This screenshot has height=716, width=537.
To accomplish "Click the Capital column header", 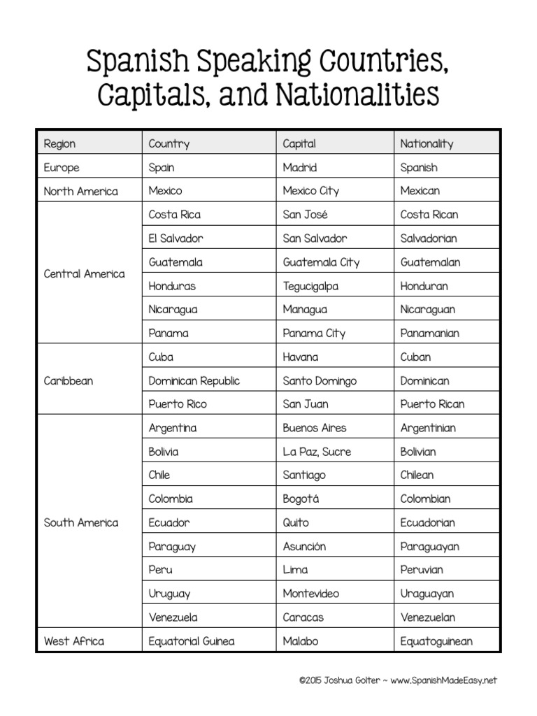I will [299, 144].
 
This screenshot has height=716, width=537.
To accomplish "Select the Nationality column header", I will [427, 144].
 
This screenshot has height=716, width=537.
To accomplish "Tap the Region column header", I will [59, 144].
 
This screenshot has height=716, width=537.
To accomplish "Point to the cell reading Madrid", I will [299, 168].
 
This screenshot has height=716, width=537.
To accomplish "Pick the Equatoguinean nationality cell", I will [436, 641].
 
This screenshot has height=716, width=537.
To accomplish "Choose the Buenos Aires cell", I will [314, 428].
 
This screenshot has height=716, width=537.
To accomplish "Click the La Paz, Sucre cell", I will [317, 452].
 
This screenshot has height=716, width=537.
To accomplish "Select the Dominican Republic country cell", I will [194, 381].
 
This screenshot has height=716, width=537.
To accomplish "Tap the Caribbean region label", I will [68, 381].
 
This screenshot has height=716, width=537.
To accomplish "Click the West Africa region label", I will [74, 641].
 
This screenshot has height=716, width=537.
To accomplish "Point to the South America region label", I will [81, 523].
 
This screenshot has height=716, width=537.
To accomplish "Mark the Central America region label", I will [84, 274].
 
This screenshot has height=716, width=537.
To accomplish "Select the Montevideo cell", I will [310, 594].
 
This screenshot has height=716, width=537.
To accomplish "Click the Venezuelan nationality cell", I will [427, 617].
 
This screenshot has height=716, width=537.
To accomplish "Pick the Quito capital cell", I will [295, 523].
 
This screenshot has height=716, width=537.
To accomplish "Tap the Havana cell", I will [300, 357].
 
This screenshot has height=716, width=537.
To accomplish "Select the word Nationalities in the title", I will [359, 95].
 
